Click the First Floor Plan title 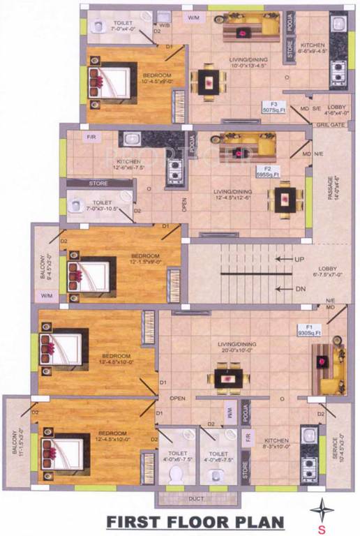click(x=195, y=522)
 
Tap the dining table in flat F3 click(x=208, y=82)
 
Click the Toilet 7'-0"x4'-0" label click(x=127, y=27)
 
